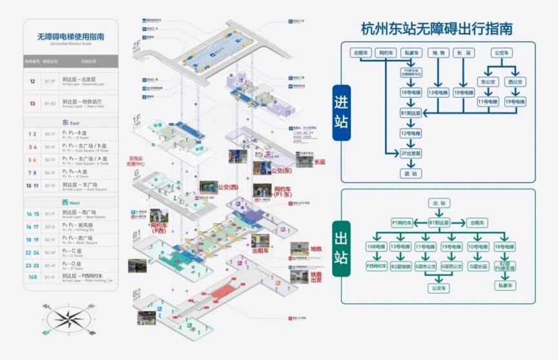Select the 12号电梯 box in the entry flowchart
pyautogui.click(x=411, y=133)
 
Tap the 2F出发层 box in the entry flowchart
pyautogui.click(x=411, y=153)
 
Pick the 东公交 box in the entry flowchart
pyautogui.click(x=488, y=82)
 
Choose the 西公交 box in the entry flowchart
pyautogui.click(x=515, y=82)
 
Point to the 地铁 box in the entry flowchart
pyautogui.click(x=439, y=52)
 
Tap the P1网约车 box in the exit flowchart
pyautogui.click(x=402, y=222)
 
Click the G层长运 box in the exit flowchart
pyautogui.click(x=478, y=266)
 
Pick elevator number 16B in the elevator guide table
pyautogui.click(x=32, y=277)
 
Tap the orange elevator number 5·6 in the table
pyautogui.click(x=32, y=159)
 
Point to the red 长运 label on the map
pyautogui.click(x=320, y=162)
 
